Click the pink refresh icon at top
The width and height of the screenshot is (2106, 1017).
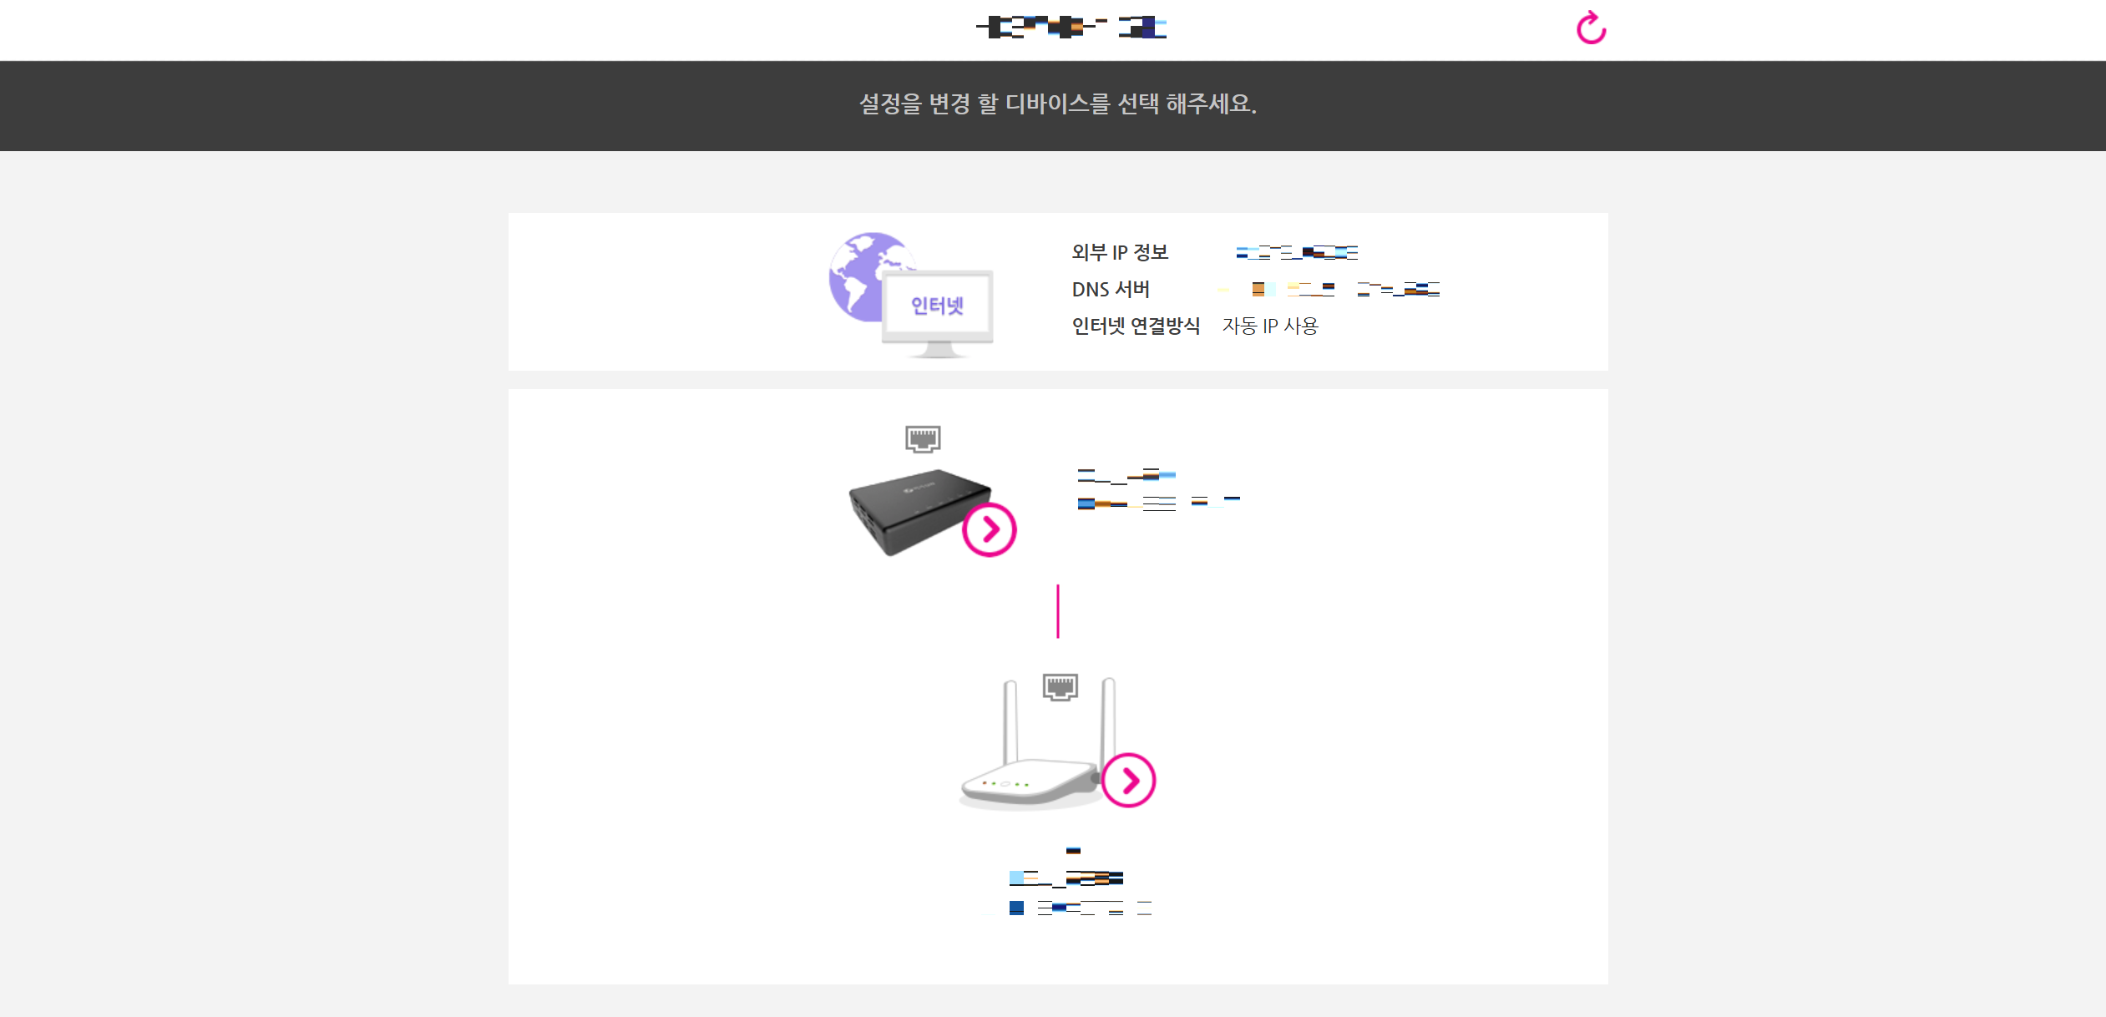[1591, 28]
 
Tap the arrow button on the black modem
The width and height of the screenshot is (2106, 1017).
[989, 529]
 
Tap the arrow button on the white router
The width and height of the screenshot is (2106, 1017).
[1128, 781]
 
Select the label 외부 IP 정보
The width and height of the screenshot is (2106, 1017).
[1120, 252]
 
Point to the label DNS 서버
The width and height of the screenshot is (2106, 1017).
[1111, 290]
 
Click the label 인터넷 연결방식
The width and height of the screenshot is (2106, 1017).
[1136, 326]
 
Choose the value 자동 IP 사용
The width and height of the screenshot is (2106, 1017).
[1269, 326]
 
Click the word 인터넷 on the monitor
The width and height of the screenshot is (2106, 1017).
[937, 306]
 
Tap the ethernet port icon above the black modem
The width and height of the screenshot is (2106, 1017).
[923, 438]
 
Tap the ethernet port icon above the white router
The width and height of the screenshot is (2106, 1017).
[1061, 687]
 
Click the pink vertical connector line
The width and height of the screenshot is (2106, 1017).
[1058, 611]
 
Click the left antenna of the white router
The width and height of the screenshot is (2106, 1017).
[1010, 718]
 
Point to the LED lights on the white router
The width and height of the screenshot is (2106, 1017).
[1005, 784]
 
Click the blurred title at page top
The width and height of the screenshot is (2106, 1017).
[1071, 28]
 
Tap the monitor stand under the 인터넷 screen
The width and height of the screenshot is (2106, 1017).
[937, 351]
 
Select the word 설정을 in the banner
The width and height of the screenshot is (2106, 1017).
[890, 104]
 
